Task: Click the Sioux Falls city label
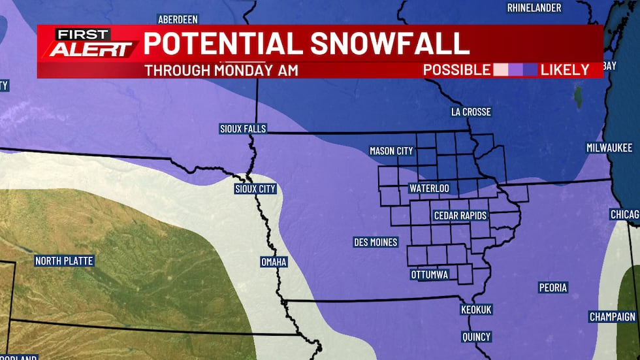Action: (x=243, y=129)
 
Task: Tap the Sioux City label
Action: (x=255, y=189)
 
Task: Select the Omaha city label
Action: (x=274, y=262)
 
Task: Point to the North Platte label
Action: (x=64, y=261)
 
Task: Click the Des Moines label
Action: (x=376, y=242)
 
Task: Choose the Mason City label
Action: (x=391, y=151)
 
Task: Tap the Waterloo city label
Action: (x=429, y=188)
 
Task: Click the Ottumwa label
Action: (x=430, y=274)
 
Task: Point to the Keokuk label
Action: (x=476, y=309)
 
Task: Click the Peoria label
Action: (x=553, y=287)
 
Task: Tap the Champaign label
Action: (x=612, y=316)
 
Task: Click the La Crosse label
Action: (x=471, y=112)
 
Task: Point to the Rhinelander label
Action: (x=534, y=8)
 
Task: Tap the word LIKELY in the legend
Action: (x=565, y=70)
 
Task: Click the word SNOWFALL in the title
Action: (x=390, y=43)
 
